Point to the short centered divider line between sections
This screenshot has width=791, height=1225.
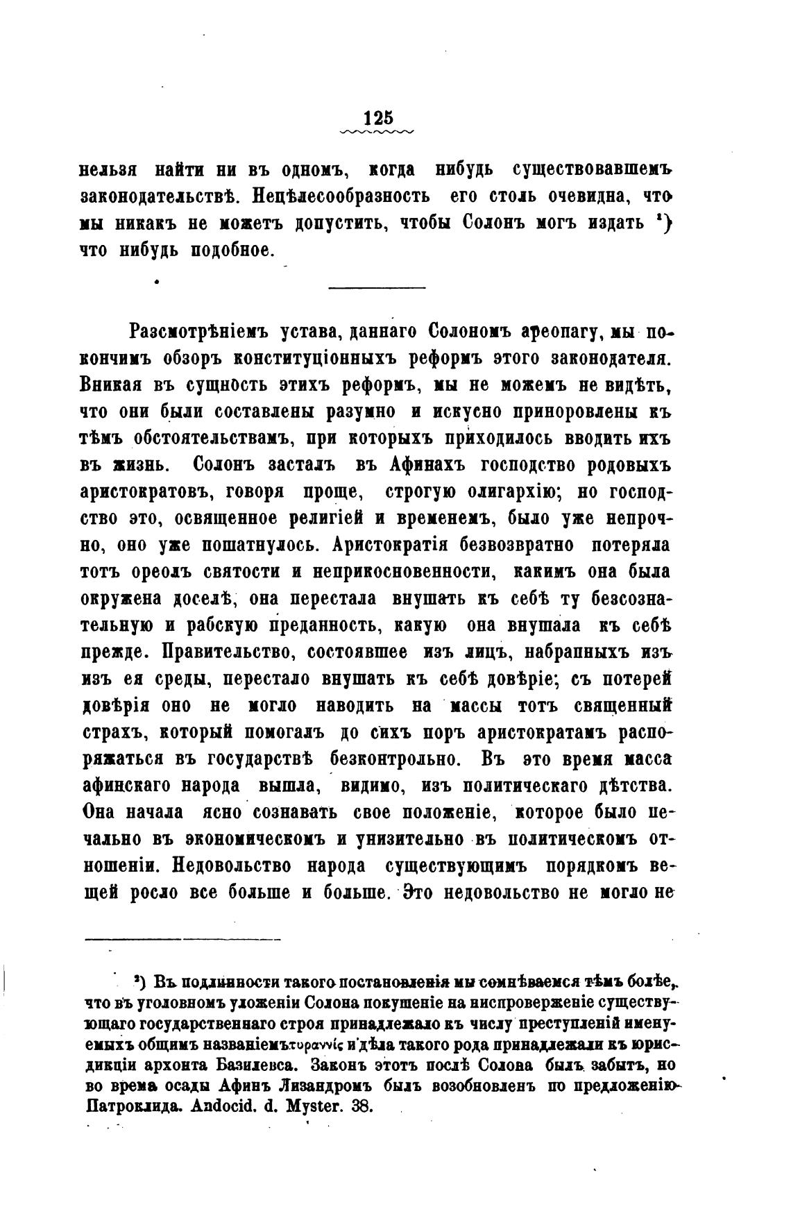pyautogui.click(x=377, y=286)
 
